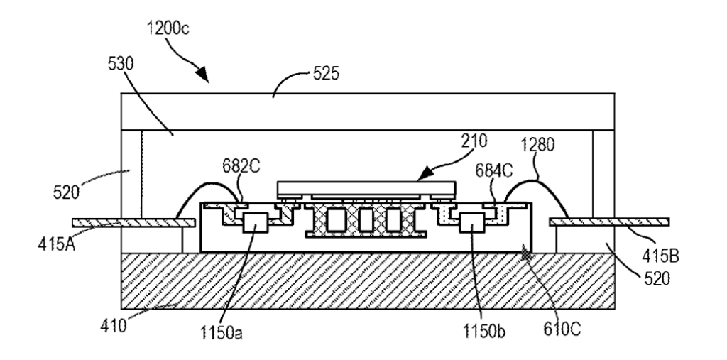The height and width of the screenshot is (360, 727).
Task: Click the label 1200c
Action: [x=168, y=29]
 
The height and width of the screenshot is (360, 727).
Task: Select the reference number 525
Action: [x=326, y=74]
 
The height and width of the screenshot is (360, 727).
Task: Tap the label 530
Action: [x=121, y=65]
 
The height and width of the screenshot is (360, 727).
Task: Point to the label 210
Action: [x=474, y=141]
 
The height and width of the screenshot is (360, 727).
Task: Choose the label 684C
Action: [x=494, y=171]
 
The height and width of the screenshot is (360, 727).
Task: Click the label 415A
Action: [x=56, y=244]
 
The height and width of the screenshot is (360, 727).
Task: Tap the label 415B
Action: [x=660, y=255]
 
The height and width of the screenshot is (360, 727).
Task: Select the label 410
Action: [x=113, y=326]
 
